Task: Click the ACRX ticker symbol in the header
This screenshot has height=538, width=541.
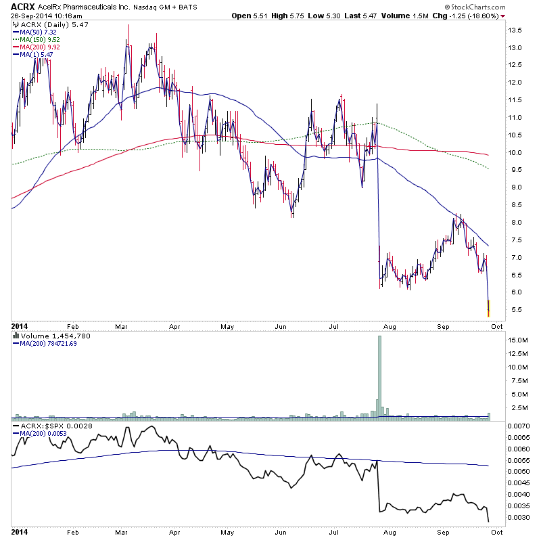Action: coord(22,6)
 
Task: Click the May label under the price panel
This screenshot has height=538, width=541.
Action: coord(227,326)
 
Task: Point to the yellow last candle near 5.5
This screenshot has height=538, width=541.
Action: coord(488,308)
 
